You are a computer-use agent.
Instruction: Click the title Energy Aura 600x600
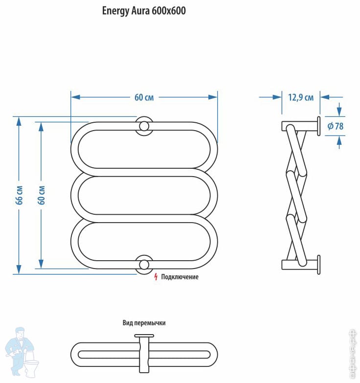coord(144,11)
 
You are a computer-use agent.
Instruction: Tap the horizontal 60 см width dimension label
coord(144,97)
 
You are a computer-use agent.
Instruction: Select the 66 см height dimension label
coord(20,195)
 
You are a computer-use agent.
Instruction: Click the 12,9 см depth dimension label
coord(300,97)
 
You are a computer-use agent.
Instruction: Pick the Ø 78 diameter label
coord(336,126)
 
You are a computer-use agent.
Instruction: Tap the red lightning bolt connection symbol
coord(156,277)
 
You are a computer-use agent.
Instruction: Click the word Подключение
coord(180,277)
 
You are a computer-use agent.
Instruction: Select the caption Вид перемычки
coord(144,323)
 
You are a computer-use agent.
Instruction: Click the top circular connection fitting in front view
coord(144,126)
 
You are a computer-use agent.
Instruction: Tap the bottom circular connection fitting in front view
coord(144,265)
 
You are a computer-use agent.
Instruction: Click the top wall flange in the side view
coord(318,126)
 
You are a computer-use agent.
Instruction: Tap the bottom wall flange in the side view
coord(318,265)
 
